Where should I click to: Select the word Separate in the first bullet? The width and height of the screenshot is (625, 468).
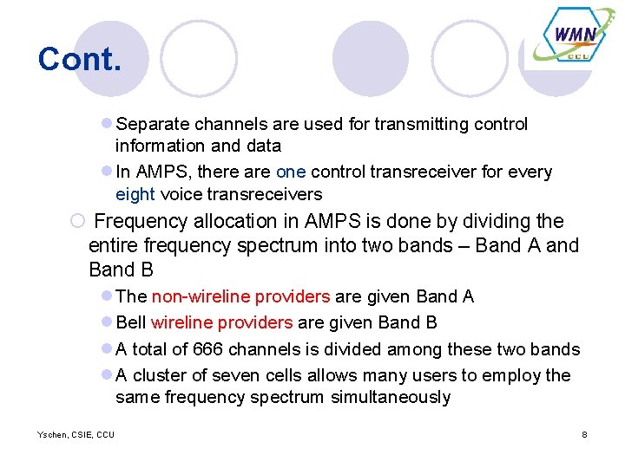[151, 124]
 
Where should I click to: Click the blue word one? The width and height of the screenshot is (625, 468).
[291, 172]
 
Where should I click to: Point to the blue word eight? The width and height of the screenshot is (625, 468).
[135, 194]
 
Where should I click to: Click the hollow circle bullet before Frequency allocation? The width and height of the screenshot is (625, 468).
[77, 222]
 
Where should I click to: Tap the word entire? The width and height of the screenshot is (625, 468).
[116, 245]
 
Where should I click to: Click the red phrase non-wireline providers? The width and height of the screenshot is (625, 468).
[240, 296]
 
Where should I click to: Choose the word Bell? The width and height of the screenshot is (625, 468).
[131, 322]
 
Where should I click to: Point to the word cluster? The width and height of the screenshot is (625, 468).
[161, 375]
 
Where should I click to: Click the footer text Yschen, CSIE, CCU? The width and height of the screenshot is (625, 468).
[76, 434]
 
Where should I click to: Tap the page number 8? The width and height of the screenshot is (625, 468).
[584, 434]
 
